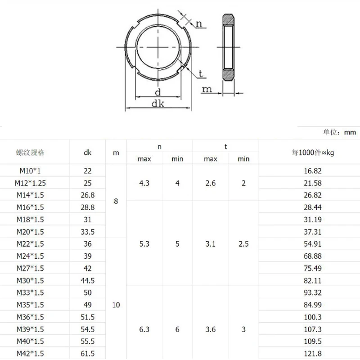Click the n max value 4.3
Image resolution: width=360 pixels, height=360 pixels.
[x=144, y=183]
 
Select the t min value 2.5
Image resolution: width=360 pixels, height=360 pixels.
[x=243, y=244]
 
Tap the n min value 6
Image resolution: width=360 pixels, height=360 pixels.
[x=177, y=329]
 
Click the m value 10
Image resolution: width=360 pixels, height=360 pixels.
[x=116, y=305]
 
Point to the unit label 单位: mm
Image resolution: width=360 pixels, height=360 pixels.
[x=339, y=132]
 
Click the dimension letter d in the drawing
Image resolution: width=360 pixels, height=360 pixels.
[x=157, y=92]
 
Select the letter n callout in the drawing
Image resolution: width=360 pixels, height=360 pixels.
[x=198, y=24]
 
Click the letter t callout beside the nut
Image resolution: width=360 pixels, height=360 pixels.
[x=201, y=73]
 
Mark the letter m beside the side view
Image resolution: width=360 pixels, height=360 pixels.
[x=207, y=89]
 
